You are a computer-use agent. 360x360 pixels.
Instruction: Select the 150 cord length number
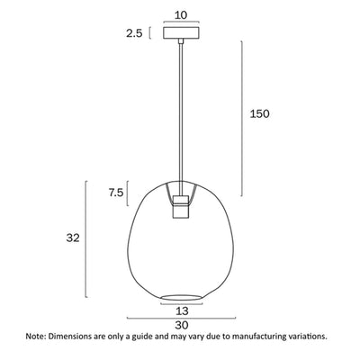[x=259, y=114]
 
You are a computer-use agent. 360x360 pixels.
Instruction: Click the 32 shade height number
[x=73, y=238]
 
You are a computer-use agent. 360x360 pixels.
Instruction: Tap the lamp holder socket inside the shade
[x=182, y=204]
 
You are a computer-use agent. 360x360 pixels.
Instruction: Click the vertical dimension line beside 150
[x=242, y=114]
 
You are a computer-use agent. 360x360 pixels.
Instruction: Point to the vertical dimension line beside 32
[x=87, y=238]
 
